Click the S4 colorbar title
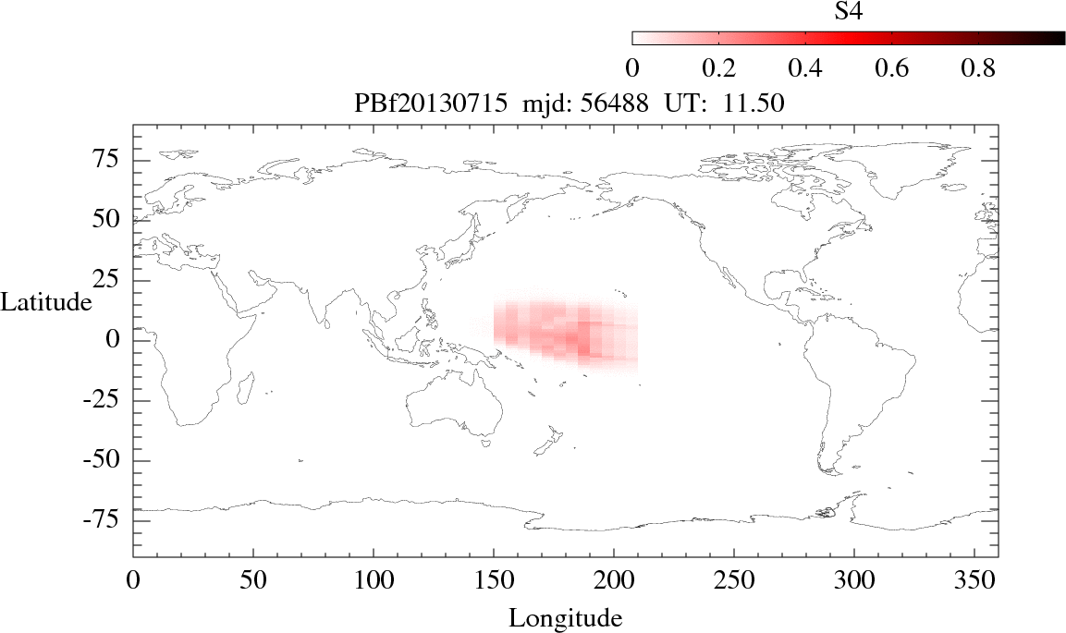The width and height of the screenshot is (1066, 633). pyautogui.click(x=849, y=12)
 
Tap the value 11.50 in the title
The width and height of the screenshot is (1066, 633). pyautogui.click(x=756, y=104)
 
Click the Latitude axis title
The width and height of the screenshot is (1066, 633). pyautogui.click(x=46, y=302)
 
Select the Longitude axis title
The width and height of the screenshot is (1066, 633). pyautogui.click(x=565, y=617)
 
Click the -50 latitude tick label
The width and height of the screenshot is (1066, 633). pyautogui.click(x=109, y=460)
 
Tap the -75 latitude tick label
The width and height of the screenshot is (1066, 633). pyautogui.click(x=109, y=520)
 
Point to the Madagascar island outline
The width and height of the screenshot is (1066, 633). pyautogui.click(x=247, y=388)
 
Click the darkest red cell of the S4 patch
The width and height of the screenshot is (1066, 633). pyautogui.click(x=573, y=342)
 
